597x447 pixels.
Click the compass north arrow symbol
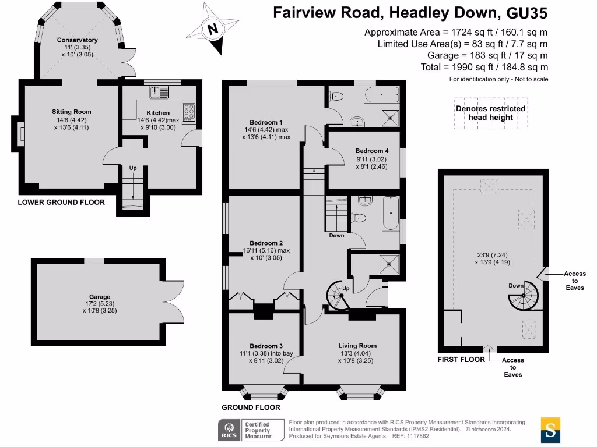pos(213,29)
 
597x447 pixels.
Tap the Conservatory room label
pos(77,40)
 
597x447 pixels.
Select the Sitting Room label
pos(71,112)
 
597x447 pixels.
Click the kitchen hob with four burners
pos(189,112)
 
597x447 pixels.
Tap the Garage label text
pos(100,297)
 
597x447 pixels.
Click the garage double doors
pos(174,301)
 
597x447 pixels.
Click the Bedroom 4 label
pos(371,151)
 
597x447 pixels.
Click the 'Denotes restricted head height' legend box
pos(490,113)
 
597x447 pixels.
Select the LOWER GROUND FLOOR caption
pos(61,203)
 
